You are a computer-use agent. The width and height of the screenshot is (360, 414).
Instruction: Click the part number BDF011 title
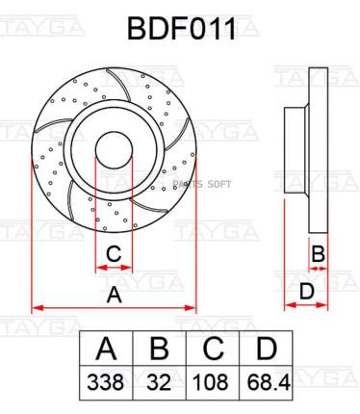pyautogui.click(x=182, y=29)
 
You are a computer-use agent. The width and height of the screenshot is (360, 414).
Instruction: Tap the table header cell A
pyautogui.click(x=106, y=348)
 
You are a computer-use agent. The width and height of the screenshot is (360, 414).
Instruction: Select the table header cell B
pyautogui.click(x=160, y=348)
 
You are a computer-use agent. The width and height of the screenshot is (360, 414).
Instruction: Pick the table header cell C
pyautogui.click(x=213, y=348)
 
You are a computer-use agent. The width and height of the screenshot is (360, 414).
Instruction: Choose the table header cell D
pyautogui.click(x=266, y=348)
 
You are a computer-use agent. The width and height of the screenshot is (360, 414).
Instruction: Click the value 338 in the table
pyautogui.click(x=106, y=382)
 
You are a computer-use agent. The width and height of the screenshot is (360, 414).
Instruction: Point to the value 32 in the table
pyautogui.click(x=159, y=382)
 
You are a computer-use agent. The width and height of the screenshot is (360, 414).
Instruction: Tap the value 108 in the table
pyautogui.click(x=211, y=382)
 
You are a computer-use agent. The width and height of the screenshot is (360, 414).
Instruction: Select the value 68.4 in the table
pyautogui.click(x=269, y=382)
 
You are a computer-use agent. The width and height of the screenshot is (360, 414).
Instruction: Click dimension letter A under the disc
pyautogui.click(x=115, y=296)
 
